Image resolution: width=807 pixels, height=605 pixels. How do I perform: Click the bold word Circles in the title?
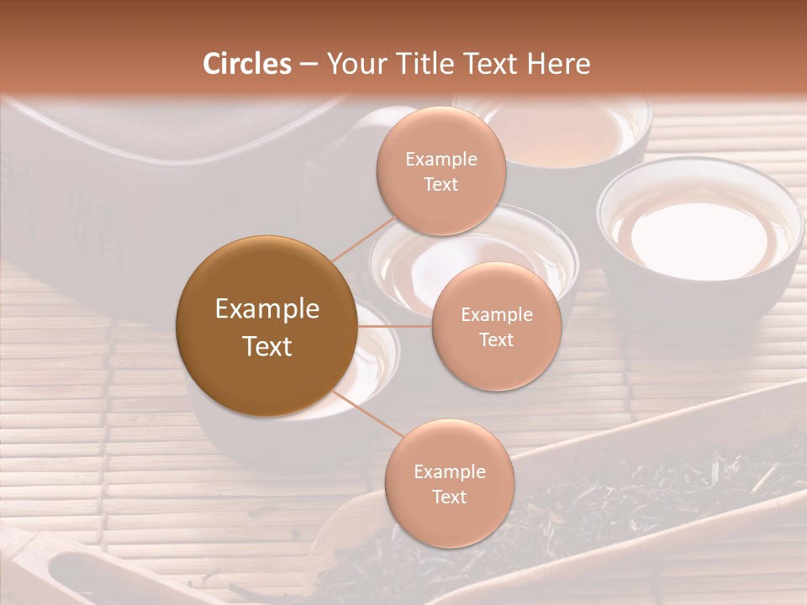[x=247, y=64]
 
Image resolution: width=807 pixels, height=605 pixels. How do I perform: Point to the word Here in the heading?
[x=557, y=64]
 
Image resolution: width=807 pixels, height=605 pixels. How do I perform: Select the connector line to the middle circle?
[x=394, y=326]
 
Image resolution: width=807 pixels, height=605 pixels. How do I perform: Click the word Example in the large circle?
[x=267, y=309]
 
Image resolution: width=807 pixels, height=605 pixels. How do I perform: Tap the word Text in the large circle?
[x=267, y=346]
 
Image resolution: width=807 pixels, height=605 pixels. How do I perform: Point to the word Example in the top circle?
[x=441, y=160]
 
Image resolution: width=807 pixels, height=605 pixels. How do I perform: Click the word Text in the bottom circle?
[x=449, y=497]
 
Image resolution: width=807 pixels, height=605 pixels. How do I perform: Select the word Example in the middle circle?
[x=497, y=315]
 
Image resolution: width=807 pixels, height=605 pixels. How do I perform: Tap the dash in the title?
[x=309, y=64]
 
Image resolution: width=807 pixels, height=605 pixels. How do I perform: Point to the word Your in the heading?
[x=352, y=64]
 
